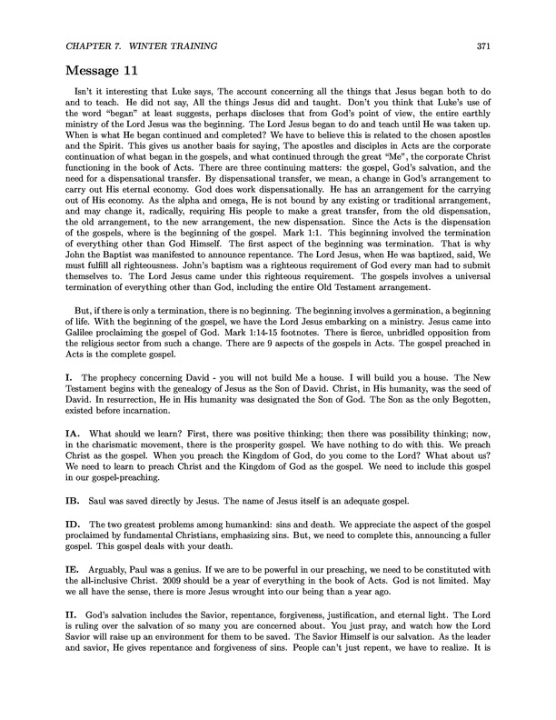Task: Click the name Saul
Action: pos(104,475)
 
